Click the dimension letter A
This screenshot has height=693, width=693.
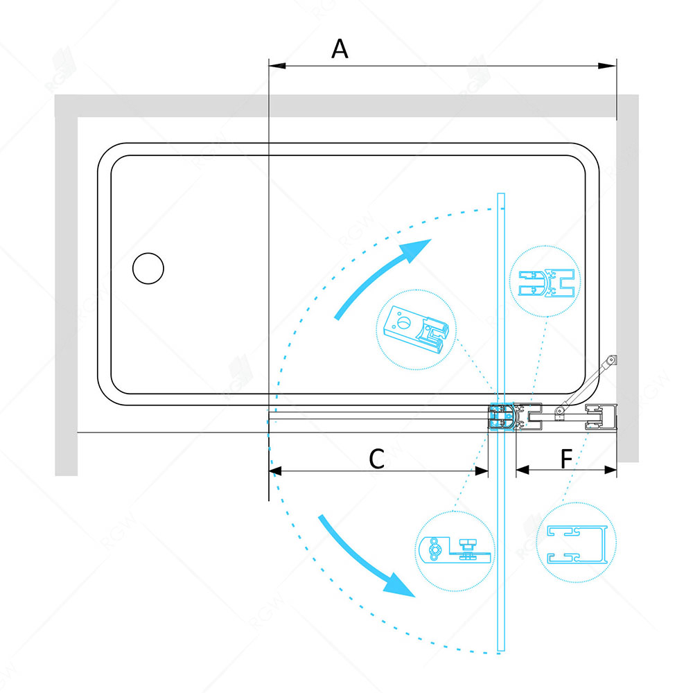tap(340, 49)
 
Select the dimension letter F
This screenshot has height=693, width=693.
tap(566, 459)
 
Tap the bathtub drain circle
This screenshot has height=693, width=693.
tap(148, 268)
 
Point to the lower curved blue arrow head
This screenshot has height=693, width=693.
tap(401, 585)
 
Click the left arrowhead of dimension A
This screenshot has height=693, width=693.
tap(277, 66)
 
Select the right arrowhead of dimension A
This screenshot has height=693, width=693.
tap(607, 66)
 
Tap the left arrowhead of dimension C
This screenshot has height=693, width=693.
tap(275, 471)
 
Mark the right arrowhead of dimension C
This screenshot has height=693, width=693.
tap(482, 471)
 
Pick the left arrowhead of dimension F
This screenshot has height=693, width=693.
tap(523, 470)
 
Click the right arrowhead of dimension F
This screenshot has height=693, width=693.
tap(611, 470)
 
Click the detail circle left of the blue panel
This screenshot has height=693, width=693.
tap(416, 329)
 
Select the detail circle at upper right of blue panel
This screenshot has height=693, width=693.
tap(545, 281)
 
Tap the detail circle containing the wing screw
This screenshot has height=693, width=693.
tap(455, 551)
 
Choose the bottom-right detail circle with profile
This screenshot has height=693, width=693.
tap(577, 542)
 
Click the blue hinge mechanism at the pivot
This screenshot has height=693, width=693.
tap(502, 416)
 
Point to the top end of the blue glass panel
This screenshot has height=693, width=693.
tap(501, 193)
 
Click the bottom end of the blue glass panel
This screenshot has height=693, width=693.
tap(501, 650)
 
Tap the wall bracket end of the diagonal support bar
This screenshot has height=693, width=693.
tap(612, 360)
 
